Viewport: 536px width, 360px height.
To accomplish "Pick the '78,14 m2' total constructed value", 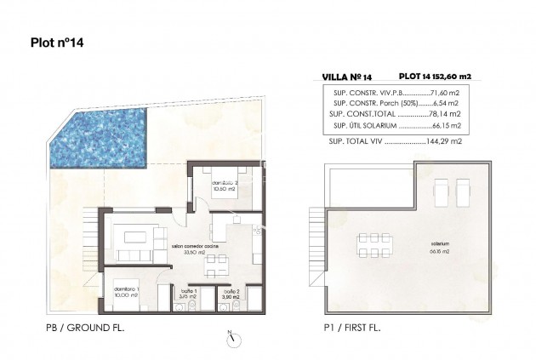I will tap(446, 113).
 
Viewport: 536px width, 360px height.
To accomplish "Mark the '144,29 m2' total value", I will tap(445, 139).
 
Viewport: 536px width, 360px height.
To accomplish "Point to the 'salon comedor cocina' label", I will tap(196, 247).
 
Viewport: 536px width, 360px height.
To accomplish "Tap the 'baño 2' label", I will tap(231, 291).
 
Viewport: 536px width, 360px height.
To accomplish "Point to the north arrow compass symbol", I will tap(231, 338).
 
